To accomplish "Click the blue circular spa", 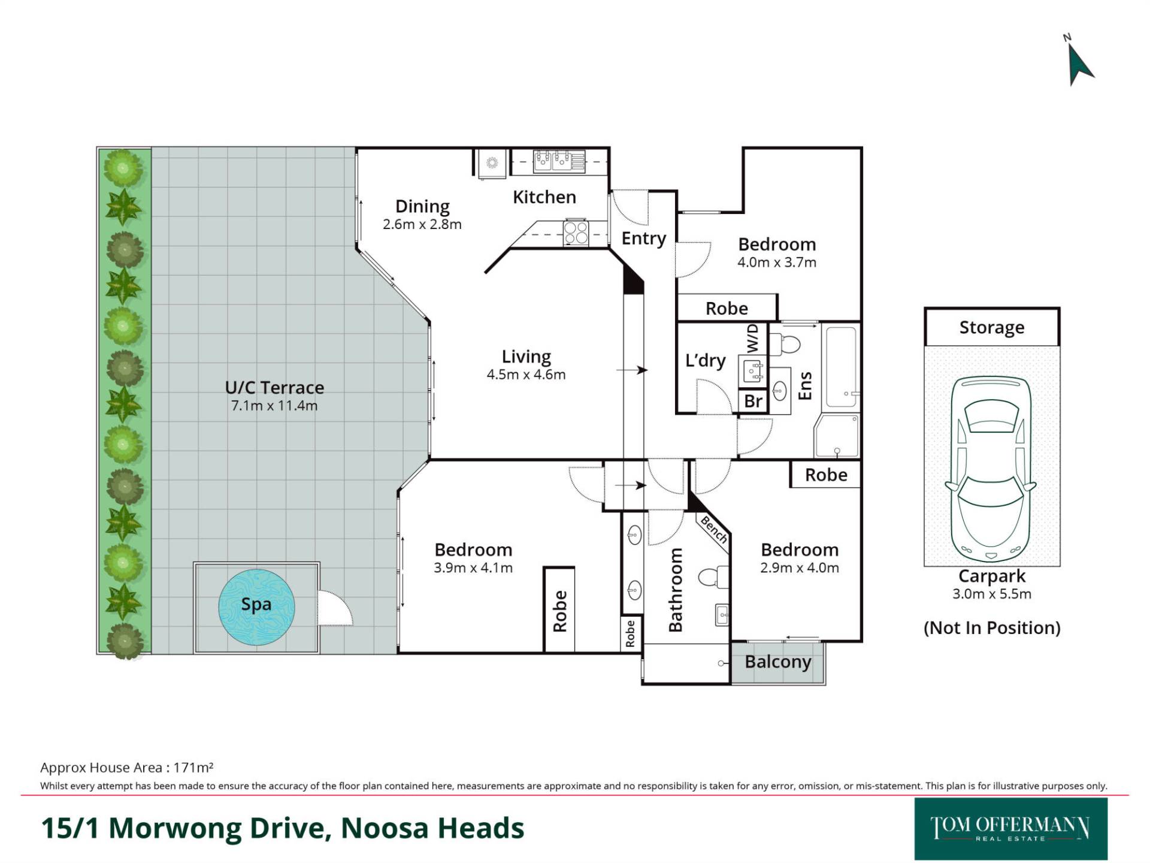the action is pyautogui.click(x=256, y=606).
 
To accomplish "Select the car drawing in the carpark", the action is pyautogui.click(x=991, y=469).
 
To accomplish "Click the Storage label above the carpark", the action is pyautogui.click(x=992, y=327).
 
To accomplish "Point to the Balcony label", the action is pyautogui.click(x=777, y=662).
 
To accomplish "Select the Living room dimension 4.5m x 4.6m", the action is pyautogui.click(x=526, y=375).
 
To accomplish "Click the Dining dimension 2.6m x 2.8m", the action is pyautogui.click(x=422, y=224).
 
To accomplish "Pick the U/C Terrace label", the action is pyautogui.click(x=274, y=387).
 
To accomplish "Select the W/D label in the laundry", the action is pyautogui.click(x=753, y=339).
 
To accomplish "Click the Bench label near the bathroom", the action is pyautogui.click(x=714, y=530).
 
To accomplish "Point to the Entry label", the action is pyautogui.click(x=644, y=239).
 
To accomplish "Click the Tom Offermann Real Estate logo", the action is pyautogui.click(x=1010, y=829).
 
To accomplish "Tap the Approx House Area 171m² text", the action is pyautogui.click(x=127, y=768).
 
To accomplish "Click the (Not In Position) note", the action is pyautogui.click(x=992, y=627).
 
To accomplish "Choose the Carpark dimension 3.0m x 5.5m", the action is pyautogui.click(x=992, y=594).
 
